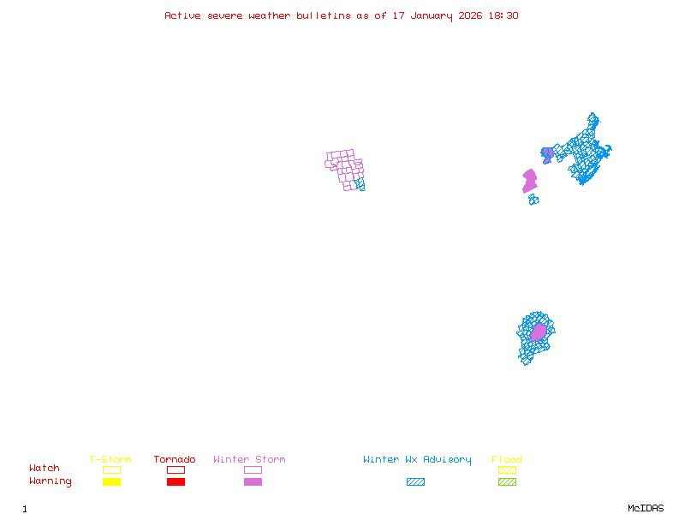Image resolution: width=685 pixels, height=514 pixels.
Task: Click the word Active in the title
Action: [x=183, y=15]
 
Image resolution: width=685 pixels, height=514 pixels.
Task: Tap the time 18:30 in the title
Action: [x=503, y=15]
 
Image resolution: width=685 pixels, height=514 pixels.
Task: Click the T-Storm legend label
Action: [x=110, y=460]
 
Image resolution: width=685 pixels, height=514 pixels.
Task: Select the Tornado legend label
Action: [x=175, y=460]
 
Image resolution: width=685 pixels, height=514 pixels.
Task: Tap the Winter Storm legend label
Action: [x=249, y=460]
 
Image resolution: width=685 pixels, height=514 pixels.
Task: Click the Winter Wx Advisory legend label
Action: [x=417, y=460]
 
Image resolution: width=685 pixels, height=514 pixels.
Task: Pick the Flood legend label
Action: [x=507, y=460]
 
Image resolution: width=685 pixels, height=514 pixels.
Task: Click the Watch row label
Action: [x=45, y=469]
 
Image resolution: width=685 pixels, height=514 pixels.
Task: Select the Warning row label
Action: [x=51, y=481]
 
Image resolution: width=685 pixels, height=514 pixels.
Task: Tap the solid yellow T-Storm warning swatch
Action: [x=111, y=482]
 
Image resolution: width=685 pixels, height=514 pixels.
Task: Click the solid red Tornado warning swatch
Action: [x=176, y=482]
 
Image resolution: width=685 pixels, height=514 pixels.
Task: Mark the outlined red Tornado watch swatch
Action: [x=176, y=469]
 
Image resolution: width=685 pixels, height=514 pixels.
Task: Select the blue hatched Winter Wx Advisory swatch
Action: [x=415, y=482]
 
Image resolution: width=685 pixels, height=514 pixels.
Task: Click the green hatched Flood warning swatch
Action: [x=507, y=482]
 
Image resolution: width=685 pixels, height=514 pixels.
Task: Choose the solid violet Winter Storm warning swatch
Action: [x=253, y=482]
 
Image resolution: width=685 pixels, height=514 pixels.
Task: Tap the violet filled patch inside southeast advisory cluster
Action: [x=538, y=332]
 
